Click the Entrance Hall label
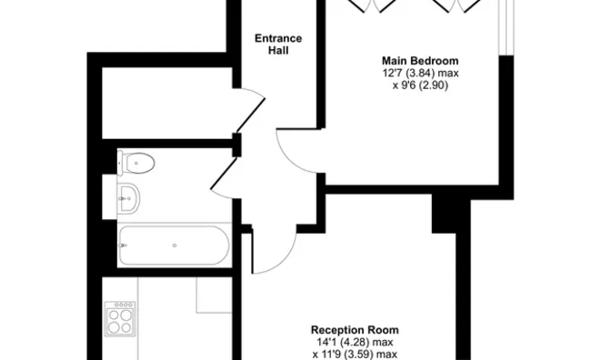[x=278, y=44]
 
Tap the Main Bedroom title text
[x=420, y=61]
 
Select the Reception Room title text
[x=355, y=330]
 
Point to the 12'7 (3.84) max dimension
[x=420, y=73]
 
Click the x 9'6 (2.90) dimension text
[x=420, y=85]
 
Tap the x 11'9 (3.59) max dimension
[x=355, y=355]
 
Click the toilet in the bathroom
[x=135, y=163]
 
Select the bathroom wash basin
[x=128, y=198]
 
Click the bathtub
[x=175, y=245]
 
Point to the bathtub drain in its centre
[x=175, y=245]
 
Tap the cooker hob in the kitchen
[x=120, y=319]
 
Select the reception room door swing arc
[x=284, y=261]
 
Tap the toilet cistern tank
[x=120, y=163]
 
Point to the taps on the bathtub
[x=123, y=245]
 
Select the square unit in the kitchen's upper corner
[x=214, y=295]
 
